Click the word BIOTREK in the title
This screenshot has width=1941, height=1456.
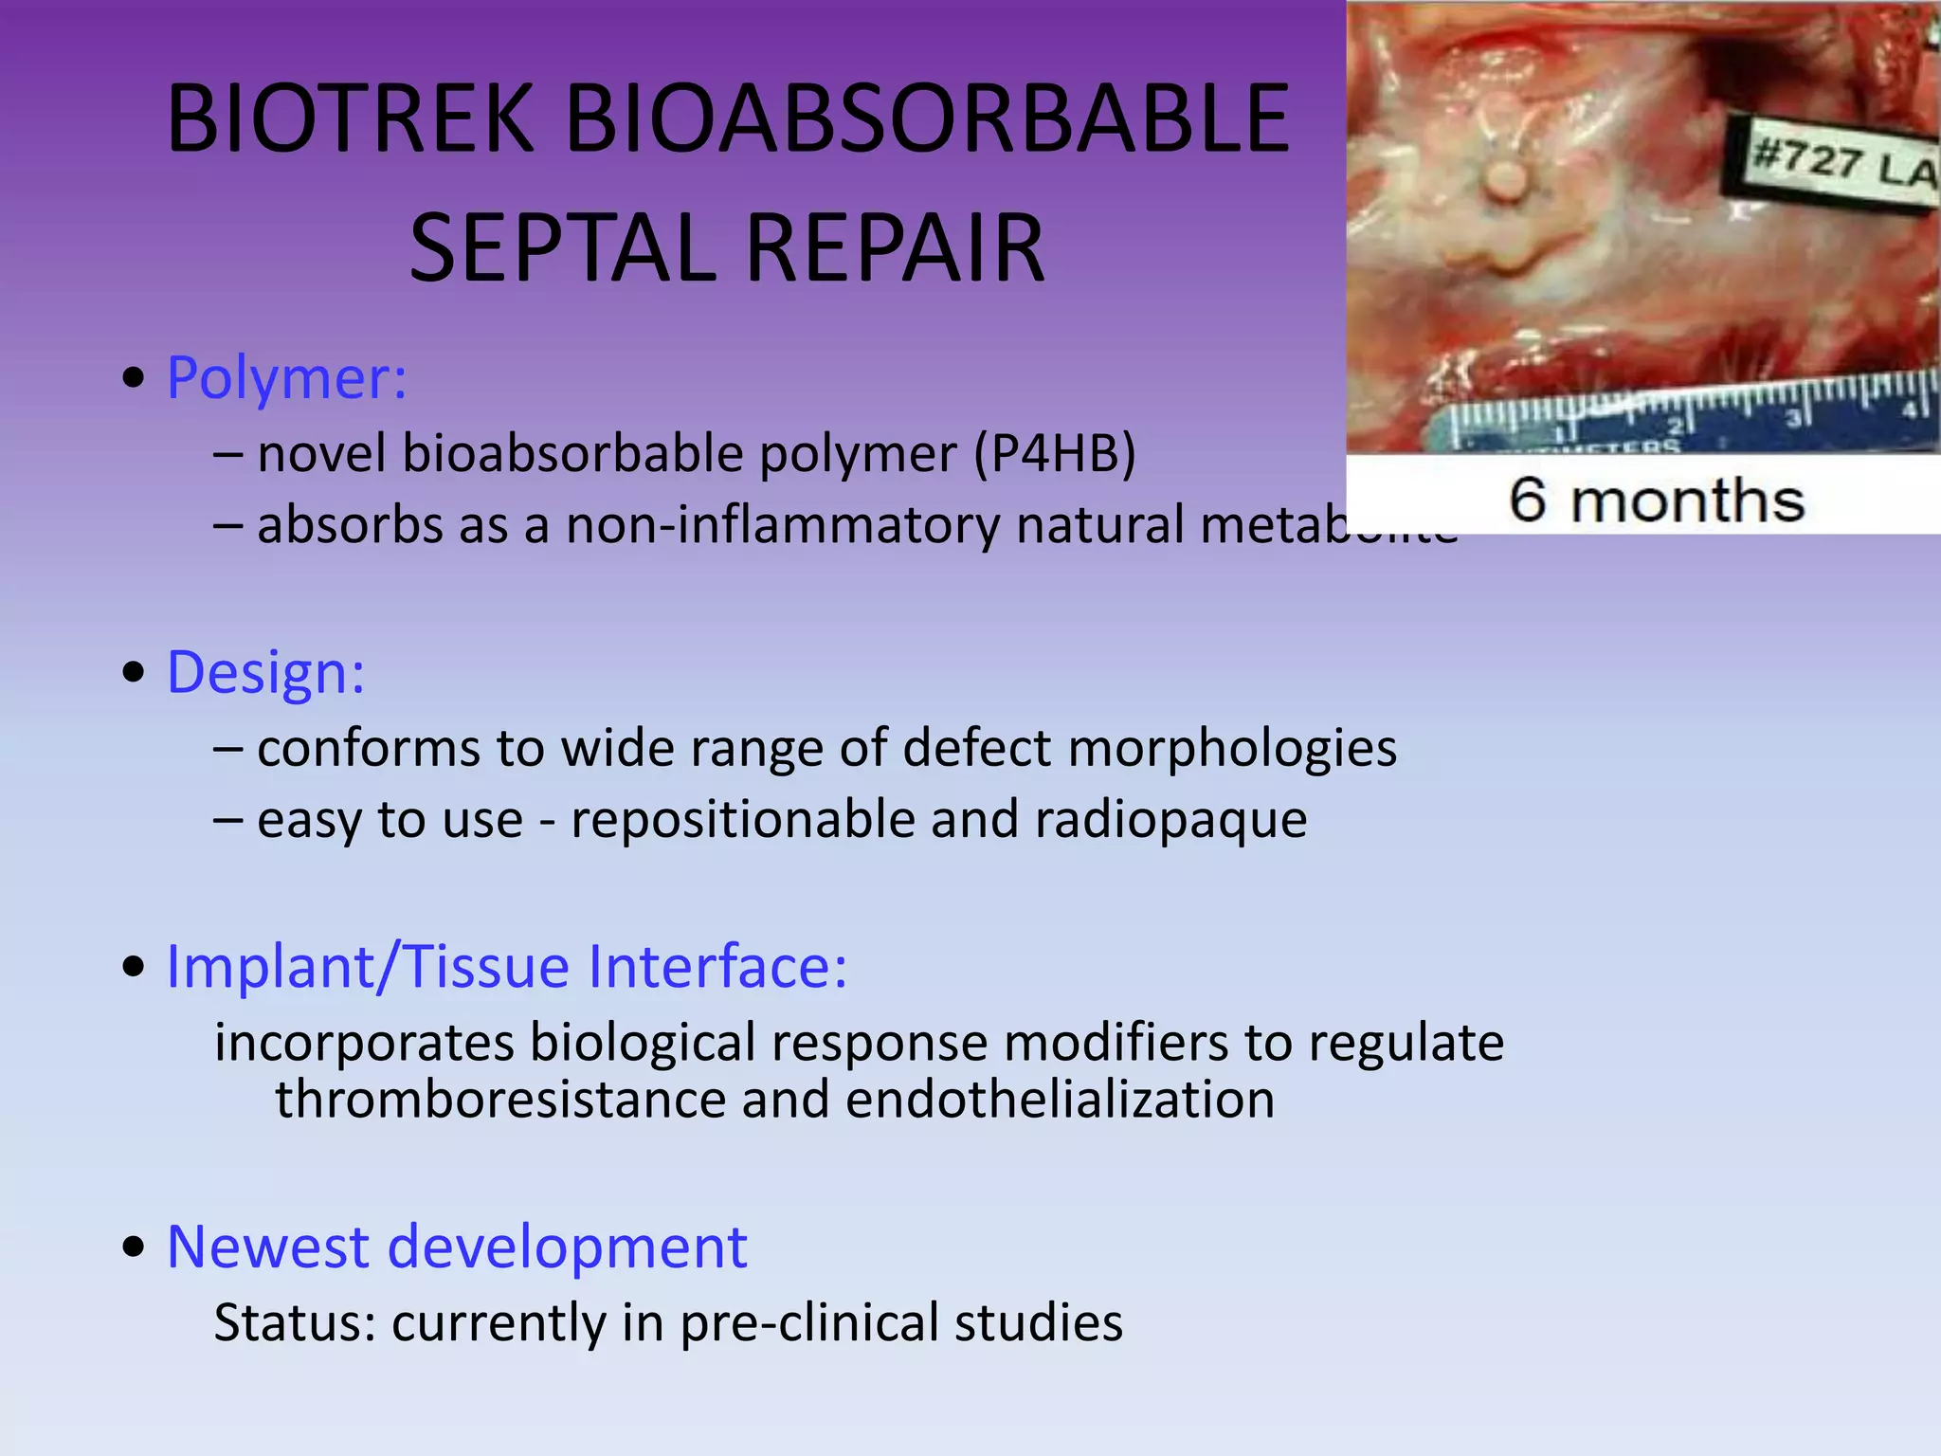coord(351,119)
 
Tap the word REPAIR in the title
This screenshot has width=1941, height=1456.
coord(895,248)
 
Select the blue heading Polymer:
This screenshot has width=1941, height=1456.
coord(287,378)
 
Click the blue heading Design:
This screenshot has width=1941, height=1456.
coord(265,673)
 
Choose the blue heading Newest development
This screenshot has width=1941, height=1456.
coord(457,1247)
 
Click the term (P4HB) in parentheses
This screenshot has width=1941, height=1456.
coord(1054,454)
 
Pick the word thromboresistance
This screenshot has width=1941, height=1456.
coord(499,1100)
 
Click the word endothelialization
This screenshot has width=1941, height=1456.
coord(1060,1100)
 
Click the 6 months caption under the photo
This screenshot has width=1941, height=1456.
coord(1656,500)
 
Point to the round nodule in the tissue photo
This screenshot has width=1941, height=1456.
coord(1505,177)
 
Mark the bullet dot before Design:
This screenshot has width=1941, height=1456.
coord(134,674)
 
